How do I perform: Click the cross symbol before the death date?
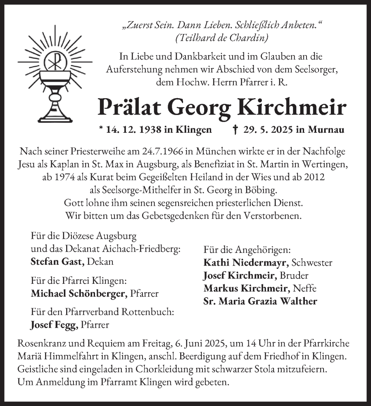[235, 130]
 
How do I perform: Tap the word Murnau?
[326, 130]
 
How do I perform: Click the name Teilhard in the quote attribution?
[193, 39]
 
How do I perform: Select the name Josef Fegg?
[54, 325]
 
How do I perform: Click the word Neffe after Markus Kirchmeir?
[304, 289]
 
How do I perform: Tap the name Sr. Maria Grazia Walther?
[260, 302]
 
